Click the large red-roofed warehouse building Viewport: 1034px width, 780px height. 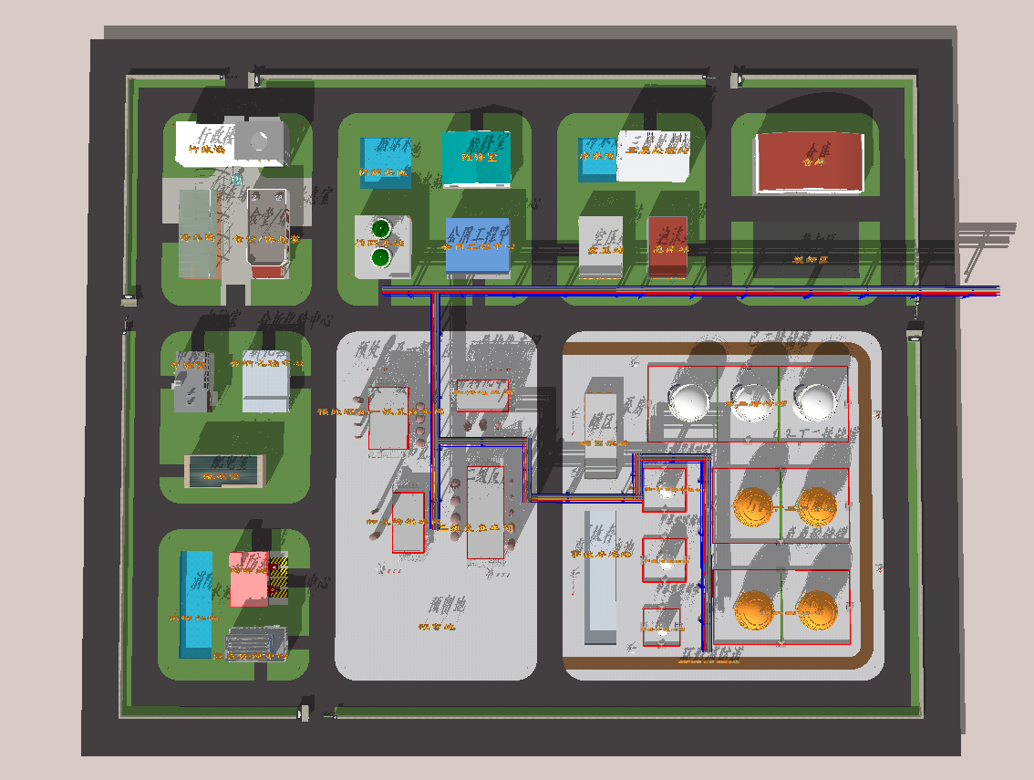[x=809, y=162]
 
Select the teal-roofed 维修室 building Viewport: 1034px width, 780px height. [x=476, y=158]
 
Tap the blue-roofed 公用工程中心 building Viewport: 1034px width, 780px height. [x=478, y=245]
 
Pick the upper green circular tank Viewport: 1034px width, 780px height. [x=380, y=227]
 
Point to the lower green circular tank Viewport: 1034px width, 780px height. [x=380, y=258]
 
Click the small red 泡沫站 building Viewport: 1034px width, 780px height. [x=667, y=245]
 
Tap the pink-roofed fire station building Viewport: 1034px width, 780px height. [x=249, y=579]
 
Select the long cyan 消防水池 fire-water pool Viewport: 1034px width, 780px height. [x=196, y=602]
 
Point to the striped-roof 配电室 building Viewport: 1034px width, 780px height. [x=224, y=469]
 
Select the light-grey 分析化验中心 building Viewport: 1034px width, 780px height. [x=266, y=381]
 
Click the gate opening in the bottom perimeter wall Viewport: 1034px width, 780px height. [x=320, y=711]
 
